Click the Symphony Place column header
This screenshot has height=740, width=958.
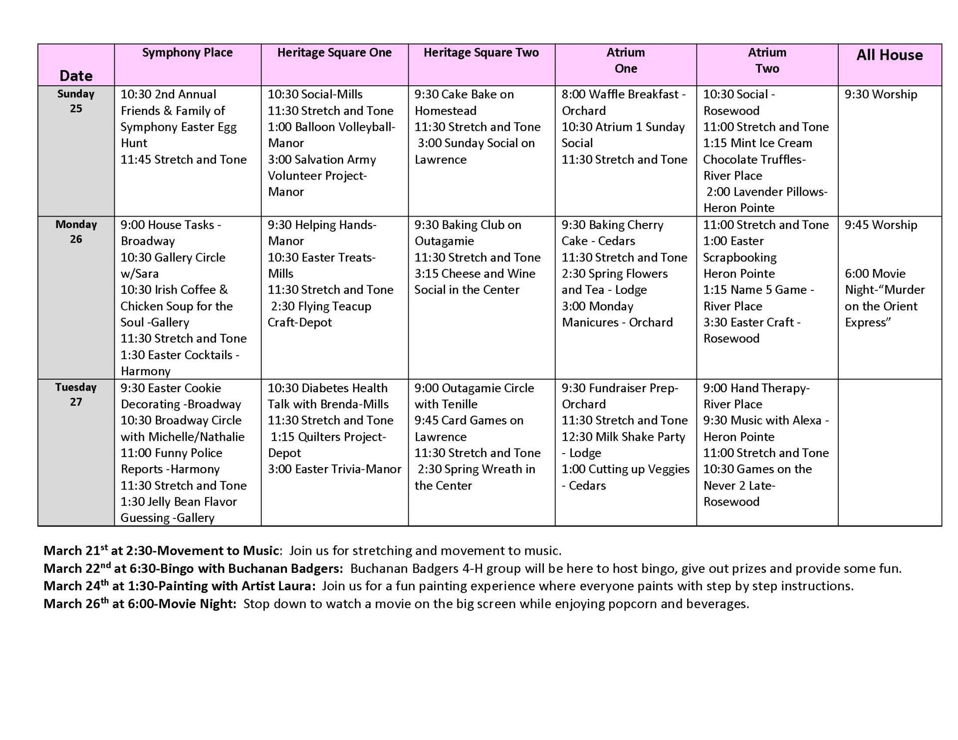point(187,53)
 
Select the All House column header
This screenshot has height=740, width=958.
point(889,55)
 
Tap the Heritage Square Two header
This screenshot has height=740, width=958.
point(481,53)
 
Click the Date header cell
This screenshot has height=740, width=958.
point(76,76)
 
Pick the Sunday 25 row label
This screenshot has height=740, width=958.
point(76,101)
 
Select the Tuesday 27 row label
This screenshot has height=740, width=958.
point(76,395)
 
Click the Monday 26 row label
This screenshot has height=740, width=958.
point(76,232)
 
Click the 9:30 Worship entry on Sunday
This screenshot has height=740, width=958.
point(881,95)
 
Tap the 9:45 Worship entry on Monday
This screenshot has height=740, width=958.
point(881,225)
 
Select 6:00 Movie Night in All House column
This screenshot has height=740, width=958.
point(884,298)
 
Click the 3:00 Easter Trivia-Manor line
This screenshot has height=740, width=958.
point(334,470)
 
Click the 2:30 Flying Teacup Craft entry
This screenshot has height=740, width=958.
point(320,314)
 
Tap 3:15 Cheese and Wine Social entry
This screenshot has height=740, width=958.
point(475,282)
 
